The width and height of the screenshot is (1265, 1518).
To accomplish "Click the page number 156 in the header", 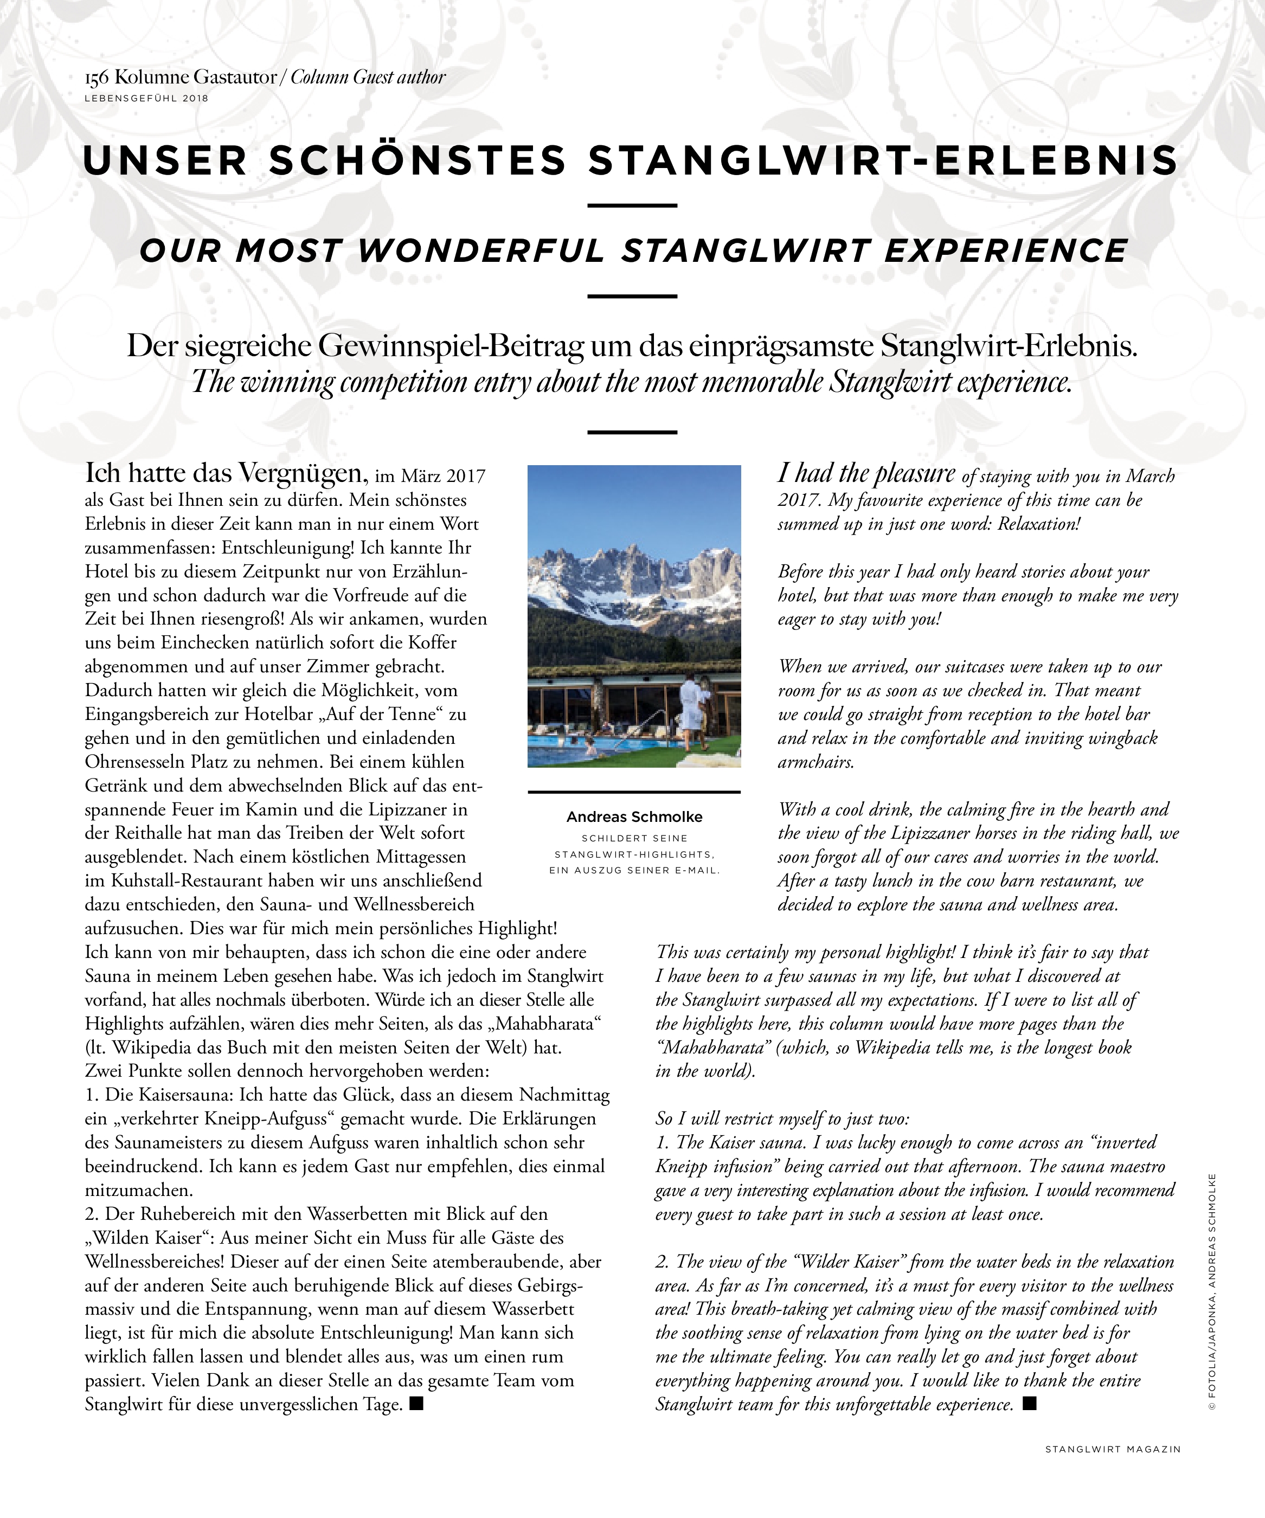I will (97, 78).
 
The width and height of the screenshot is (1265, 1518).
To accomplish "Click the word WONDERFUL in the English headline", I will (481, 251).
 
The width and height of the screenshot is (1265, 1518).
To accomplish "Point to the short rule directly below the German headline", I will (632, 206).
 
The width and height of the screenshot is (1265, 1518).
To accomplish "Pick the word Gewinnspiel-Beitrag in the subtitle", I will (451, 346).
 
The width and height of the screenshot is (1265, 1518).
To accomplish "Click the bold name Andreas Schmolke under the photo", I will (634, 817).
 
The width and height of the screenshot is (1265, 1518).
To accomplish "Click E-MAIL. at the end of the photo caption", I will (695, 870).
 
